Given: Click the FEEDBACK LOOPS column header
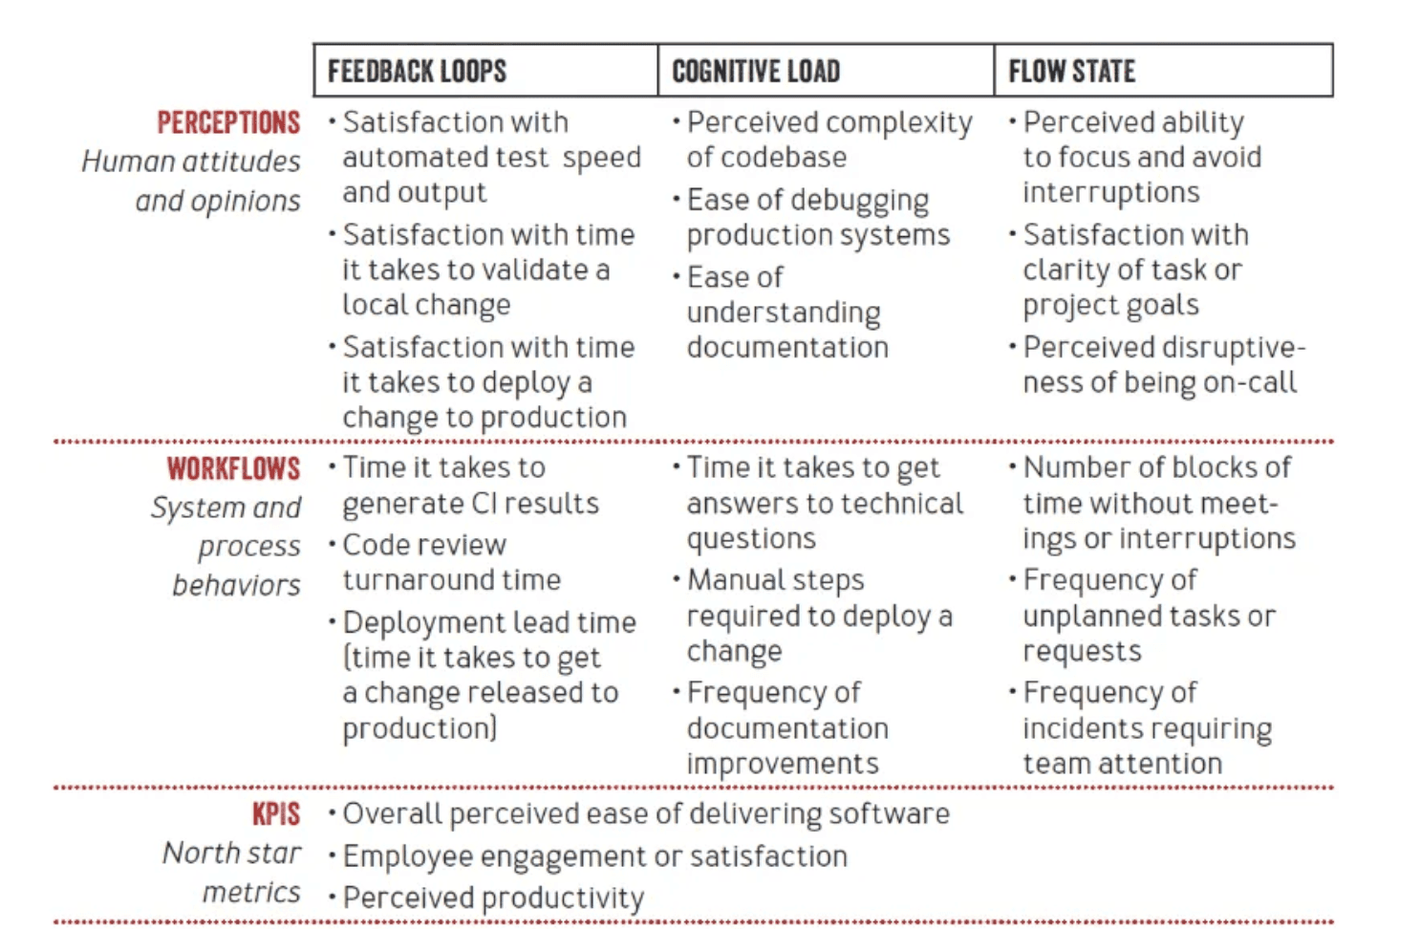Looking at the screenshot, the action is point(418,71).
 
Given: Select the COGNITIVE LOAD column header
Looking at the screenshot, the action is point(756,71).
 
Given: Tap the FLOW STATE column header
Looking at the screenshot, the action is point(1072,71).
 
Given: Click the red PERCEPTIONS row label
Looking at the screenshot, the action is point(228,122).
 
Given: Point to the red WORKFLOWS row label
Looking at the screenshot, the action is point(234,468).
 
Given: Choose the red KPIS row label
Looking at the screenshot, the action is point(276,813).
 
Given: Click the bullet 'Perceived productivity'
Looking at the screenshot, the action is point(493,898).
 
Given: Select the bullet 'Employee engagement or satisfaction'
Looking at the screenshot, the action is point(595,856).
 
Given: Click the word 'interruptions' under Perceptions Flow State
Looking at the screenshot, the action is point(1111,193).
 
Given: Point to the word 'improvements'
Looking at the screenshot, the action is point(783,765).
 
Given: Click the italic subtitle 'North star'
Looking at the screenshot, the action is point(232,853).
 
